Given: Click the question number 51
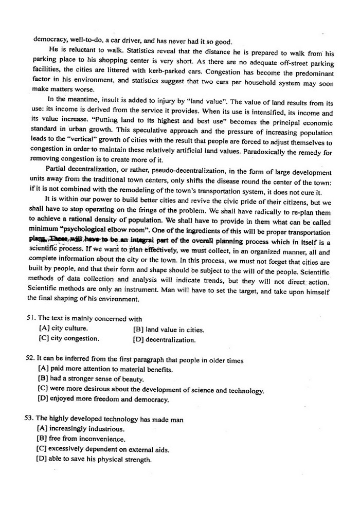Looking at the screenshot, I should tap(31, 319).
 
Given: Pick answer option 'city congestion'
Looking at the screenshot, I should tap(69, 338).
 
